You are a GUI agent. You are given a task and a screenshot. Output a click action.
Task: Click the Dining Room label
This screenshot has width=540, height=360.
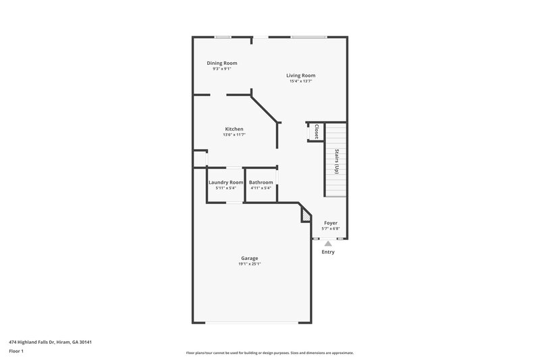pyautogui.click(x=221, y=63)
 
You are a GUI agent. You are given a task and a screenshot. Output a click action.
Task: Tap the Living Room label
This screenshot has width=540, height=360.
pyautogui.click(x=300, y=76)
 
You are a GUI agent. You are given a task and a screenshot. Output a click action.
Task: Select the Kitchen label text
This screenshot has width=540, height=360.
pyautogui.click(x=234, y=129)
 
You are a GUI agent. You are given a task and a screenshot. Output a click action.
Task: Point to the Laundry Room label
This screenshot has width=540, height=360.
pyautogui.click(x=225, y=182)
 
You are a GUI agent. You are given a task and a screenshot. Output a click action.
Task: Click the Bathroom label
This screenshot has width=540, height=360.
pyautogui.click(x=261, y=182)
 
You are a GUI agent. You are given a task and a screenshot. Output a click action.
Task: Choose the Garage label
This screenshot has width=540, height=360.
pyautogui.click(x=250, y=258)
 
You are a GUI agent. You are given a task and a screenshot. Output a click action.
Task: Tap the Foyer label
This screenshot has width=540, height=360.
pyautogui.click(x=331, y=222)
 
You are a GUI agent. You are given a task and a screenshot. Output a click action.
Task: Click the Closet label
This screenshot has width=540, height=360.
pyautogui.click(x=316, y=131)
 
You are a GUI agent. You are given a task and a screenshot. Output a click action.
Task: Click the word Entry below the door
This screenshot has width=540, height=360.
pyautogui.click(x=328, y=252)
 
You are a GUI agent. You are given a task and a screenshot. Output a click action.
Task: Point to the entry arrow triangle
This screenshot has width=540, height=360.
pyautogui.click(x=328, y=243)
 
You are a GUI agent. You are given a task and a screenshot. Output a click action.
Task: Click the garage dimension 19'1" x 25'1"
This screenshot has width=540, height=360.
pyautogui.click(x=250, y=264)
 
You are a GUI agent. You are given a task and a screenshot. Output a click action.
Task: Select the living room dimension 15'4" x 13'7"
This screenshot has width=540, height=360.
pyautogui.click(x=300, y=82)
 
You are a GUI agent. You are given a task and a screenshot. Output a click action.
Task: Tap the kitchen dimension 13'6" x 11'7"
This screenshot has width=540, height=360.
pyautogui.click(x=234, y=135)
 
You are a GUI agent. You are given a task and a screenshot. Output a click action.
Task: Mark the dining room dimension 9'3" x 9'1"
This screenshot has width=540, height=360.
pyautogui.click(x=221, y=69)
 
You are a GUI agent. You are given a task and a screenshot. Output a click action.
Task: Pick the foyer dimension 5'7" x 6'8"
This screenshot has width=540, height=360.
pyautogui.click(x=331, y=228)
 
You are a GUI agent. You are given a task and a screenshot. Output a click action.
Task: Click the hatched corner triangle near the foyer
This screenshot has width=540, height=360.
pyautogui.click(x=306, y=216)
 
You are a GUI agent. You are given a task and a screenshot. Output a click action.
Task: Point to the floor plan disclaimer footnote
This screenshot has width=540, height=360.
pyautogui.click(x=270, y=353)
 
